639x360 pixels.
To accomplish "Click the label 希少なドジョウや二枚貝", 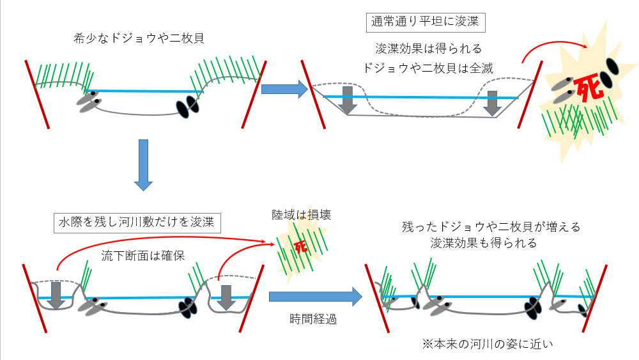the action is (x=139, y=38).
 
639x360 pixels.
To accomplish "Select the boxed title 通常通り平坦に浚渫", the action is (x=426, y=22).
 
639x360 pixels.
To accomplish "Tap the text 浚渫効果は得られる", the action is (x=428, y=49).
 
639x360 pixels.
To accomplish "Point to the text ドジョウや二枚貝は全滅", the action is (x=428, y=68).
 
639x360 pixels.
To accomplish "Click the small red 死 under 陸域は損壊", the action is (x=300, y=246).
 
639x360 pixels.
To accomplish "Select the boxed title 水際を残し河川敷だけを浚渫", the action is (x=137, y=222).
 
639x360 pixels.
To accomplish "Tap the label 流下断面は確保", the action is (x=143, y=256).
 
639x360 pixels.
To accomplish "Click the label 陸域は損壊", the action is (x=301, y=215).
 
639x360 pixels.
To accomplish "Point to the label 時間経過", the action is (x=313, y=319).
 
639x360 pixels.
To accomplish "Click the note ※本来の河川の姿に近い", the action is (x=488, y=343).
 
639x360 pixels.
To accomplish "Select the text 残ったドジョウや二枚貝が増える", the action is (x=491, y=227).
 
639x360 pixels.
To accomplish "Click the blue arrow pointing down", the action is (x=143, y=165).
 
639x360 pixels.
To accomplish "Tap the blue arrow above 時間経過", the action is (x=316, y=297).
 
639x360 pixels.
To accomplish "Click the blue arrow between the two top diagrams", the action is (x=284, y=90).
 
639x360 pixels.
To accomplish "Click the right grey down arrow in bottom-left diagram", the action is (x=226, y=297).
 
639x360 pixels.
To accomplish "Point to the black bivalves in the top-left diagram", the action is (x=187, y=106).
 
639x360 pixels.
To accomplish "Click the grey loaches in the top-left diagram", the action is (x=89, y=102).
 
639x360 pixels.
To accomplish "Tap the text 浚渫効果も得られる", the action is (x=484, y=243).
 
